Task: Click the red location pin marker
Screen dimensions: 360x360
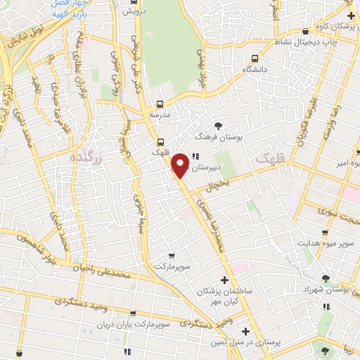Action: (180, 165)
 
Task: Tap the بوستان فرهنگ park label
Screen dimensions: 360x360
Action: (219, 138)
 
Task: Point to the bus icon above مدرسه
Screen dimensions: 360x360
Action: (160, 103)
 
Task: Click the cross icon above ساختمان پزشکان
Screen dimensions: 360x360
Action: (224, 280)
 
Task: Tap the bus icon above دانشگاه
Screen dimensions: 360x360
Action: (255, 58)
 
